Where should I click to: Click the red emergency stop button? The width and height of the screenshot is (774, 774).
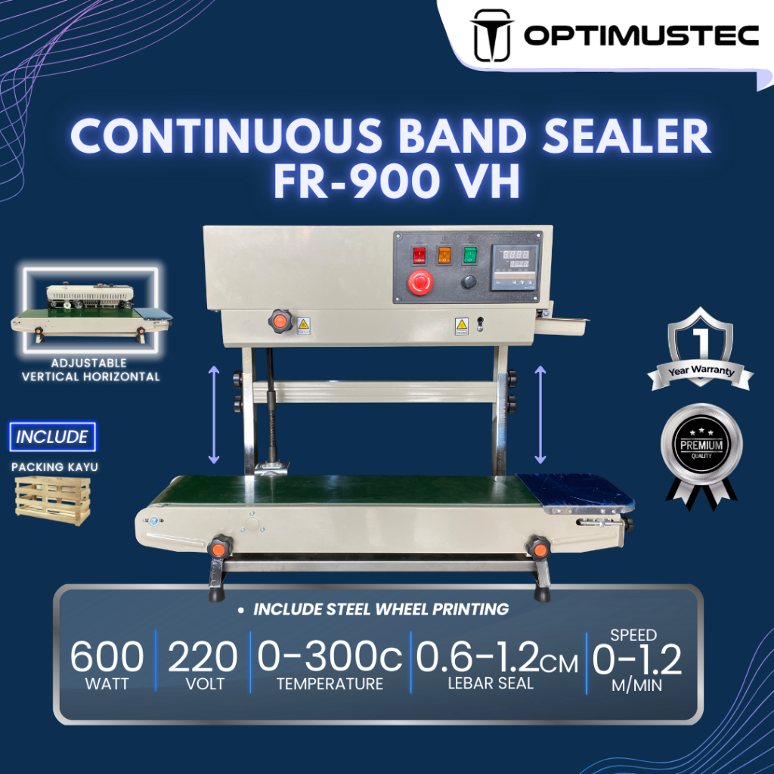420,283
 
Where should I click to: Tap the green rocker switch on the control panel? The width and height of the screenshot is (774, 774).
469,255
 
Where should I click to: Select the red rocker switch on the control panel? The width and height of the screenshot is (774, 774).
419,255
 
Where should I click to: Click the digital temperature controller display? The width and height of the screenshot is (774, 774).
514,268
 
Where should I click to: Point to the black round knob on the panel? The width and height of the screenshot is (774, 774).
469,282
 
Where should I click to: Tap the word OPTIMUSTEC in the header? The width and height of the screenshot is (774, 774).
641,36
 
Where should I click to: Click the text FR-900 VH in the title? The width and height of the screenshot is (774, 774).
397,181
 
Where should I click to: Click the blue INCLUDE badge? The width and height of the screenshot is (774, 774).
52,436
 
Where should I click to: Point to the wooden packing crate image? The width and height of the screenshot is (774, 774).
53,501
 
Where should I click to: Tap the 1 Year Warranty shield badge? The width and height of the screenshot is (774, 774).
700,350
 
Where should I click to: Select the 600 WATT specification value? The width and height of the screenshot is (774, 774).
107,664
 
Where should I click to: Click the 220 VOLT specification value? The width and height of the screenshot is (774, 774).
203,664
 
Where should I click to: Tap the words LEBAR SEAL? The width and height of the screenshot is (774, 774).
491,683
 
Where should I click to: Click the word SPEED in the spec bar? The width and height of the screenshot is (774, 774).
633,635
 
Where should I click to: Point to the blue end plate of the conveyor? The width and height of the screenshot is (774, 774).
575,491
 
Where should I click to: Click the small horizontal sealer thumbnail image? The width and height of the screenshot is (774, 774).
91,310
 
